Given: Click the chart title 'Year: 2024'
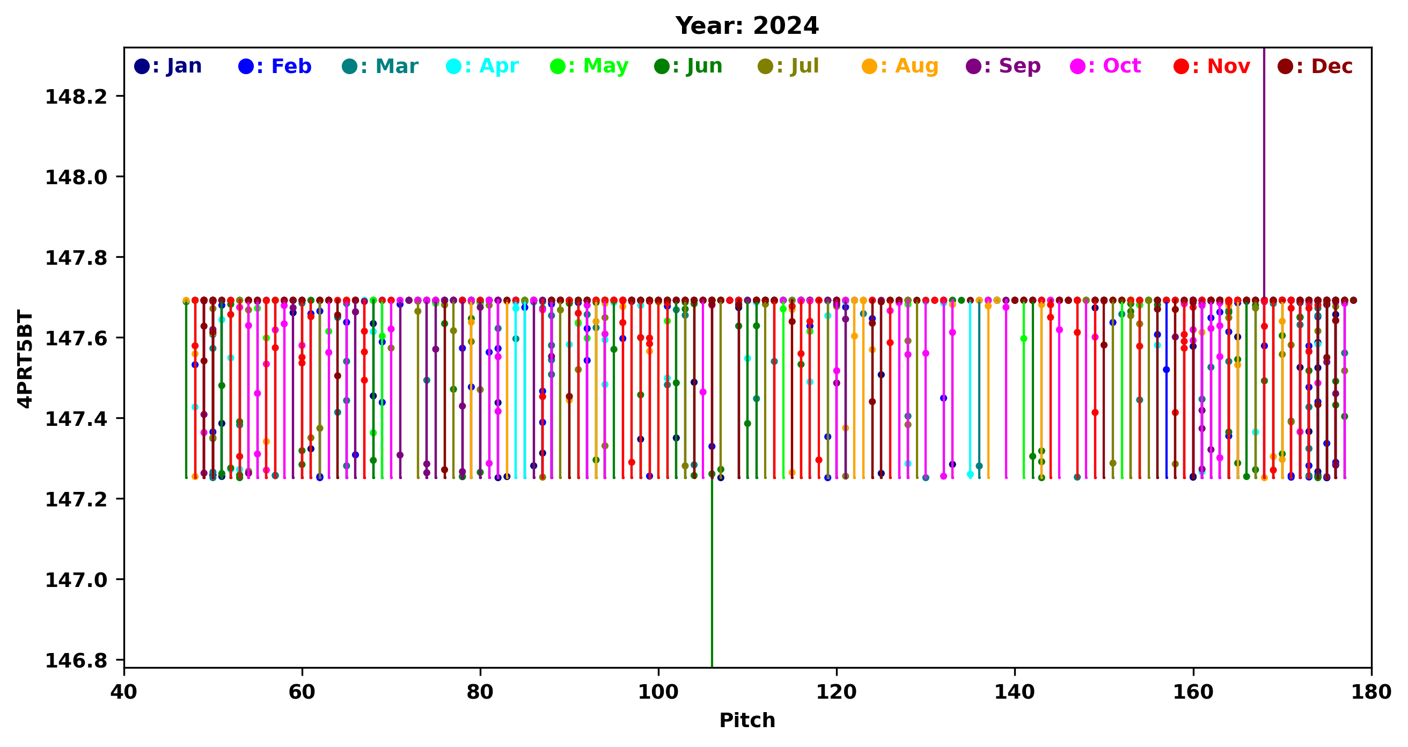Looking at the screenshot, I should [747, 26].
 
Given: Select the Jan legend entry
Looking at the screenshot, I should [168, 66].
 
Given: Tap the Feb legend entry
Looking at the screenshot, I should [275, 66].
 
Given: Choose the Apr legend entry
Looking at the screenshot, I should [483, 66].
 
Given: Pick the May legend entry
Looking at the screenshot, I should [590, 66].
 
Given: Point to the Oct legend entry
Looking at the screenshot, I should [1106, 66].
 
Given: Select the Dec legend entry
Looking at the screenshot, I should [1315, 66].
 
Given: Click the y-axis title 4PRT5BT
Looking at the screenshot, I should [25, 359].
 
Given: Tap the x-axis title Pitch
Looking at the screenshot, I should [747, 720].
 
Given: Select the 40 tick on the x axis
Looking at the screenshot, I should [124, 692].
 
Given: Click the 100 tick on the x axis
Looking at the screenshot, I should [658, 692].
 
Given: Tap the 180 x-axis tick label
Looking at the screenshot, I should [1371, 692].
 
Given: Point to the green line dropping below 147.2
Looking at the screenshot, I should [712, 574].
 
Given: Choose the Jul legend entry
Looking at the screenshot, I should [789, 66].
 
